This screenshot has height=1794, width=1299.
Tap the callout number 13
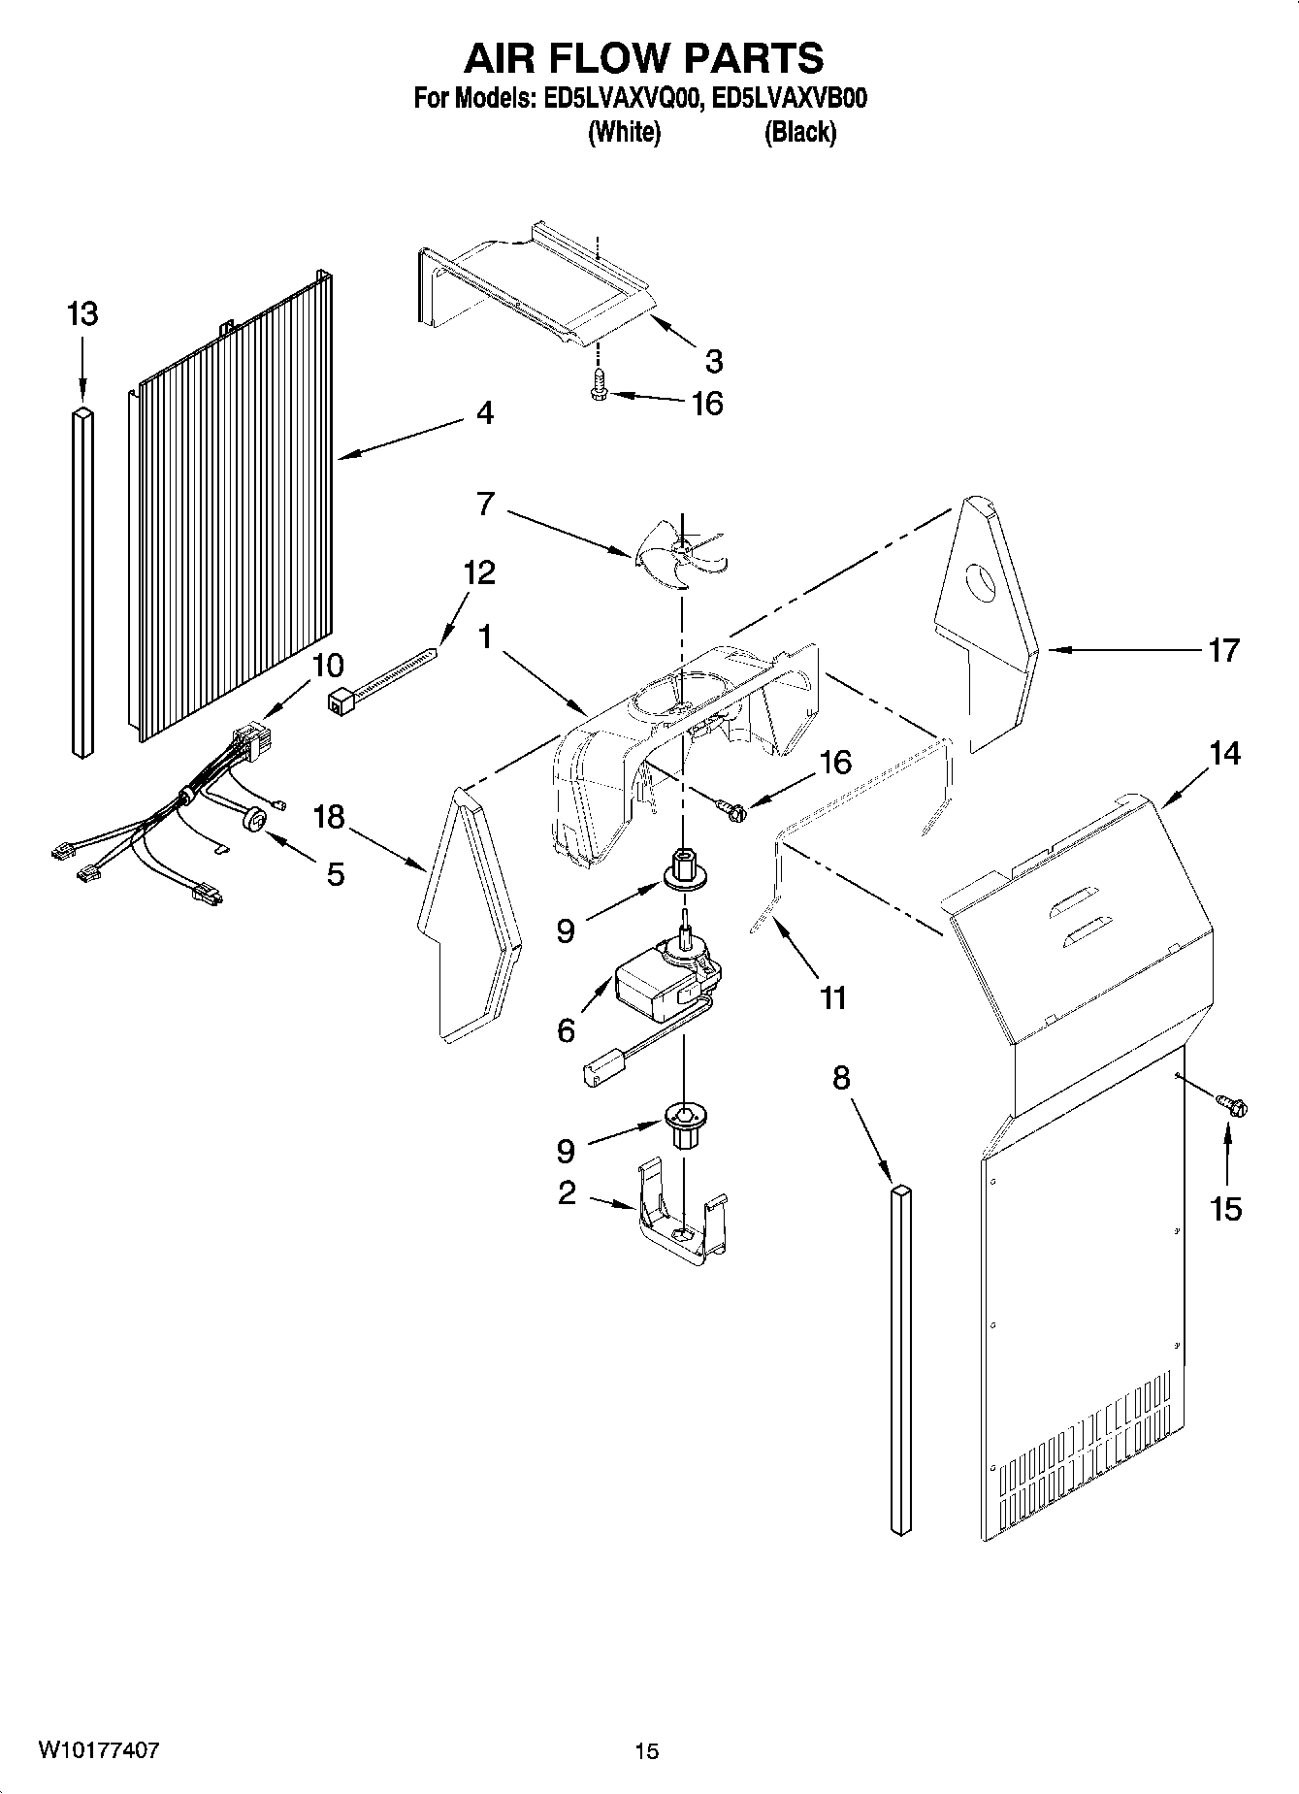(x=82, y=314)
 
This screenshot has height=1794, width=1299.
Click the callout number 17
(x=1223, y=650)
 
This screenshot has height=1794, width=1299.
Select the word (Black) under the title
(x=799, y=133)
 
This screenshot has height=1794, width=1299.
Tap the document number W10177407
(x=98, y=1750)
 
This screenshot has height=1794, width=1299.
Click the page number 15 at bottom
(x=646, y=1751)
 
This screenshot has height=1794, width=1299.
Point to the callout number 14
(x=1224, y=753)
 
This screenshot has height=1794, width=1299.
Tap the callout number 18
(x=330, y=817)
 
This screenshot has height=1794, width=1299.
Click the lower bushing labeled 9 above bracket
(x=685, y=1124)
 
